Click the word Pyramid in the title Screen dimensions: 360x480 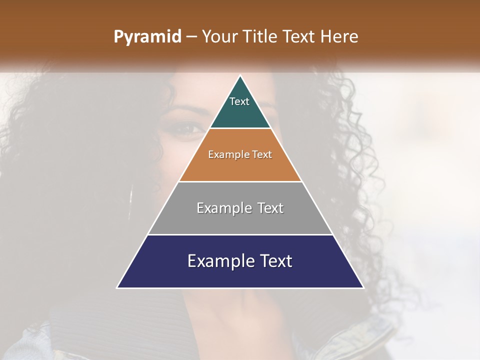147,37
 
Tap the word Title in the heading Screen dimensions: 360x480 260,36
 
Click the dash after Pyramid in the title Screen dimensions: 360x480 191,37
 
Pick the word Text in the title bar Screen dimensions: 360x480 298,36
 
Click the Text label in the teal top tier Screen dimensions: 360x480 239,101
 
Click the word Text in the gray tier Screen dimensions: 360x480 270,208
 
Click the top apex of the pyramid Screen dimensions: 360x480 240,76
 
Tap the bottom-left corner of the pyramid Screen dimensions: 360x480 117,287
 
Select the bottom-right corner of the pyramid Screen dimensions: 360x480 363,287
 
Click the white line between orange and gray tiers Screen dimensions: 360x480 240,181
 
